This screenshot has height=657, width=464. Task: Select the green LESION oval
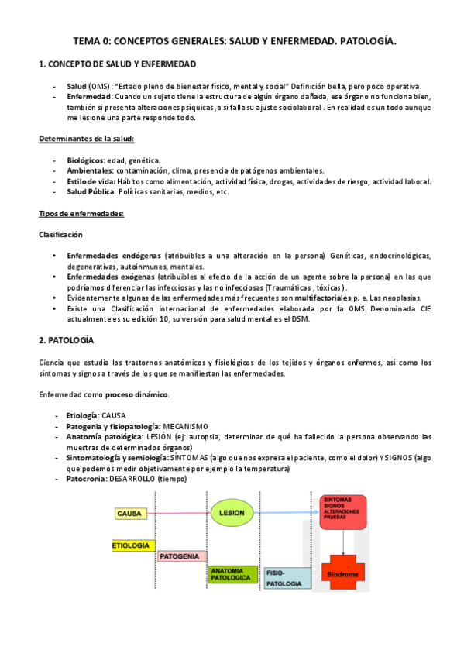pos(232,513)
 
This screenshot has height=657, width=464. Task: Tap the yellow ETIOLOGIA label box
pos(132,545)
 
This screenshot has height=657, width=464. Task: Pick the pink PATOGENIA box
pos(180,556)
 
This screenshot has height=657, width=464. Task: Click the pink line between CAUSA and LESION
pos(180,513)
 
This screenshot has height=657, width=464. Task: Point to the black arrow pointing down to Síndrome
pos(347,541)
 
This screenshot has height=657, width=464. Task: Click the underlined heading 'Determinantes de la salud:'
pos(87,139)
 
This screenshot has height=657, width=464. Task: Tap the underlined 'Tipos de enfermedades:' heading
pos(81,213)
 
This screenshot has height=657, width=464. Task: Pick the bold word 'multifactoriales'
pos(325,298)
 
